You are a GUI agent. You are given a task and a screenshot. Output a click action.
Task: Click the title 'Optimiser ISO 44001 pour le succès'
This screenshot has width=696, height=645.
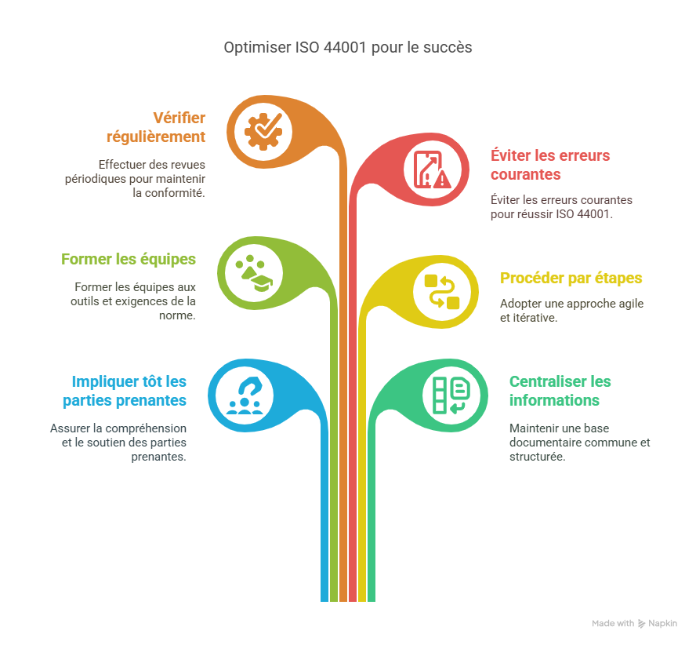click(348, 47)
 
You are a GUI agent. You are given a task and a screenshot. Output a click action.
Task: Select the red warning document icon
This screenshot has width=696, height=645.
click(433, 169)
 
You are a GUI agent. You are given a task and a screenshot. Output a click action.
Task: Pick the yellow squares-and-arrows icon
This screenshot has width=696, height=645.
click(441, 291)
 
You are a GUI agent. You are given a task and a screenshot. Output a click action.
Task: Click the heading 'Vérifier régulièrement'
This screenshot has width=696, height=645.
click(157, 127)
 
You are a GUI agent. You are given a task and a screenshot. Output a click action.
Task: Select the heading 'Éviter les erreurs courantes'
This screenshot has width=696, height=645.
click(550, 164)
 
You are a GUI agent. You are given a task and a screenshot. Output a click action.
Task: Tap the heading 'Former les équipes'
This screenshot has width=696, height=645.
click(129, 259)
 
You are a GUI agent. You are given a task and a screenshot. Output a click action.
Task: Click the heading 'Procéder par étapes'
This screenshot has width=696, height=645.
click(571, 278)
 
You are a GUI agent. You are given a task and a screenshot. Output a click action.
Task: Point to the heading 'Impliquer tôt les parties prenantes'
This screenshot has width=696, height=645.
click(125, 391)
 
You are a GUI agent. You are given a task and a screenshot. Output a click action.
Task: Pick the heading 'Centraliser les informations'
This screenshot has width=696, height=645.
click(560, 391)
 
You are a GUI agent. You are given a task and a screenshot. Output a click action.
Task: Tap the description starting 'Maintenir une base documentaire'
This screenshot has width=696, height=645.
click(579, 442)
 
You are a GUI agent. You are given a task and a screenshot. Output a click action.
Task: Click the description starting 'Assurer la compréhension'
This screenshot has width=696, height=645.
click(118, 442)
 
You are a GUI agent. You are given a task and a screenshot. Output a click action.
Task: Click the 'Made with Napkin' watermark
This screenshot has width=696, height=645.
click(633, 623)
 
